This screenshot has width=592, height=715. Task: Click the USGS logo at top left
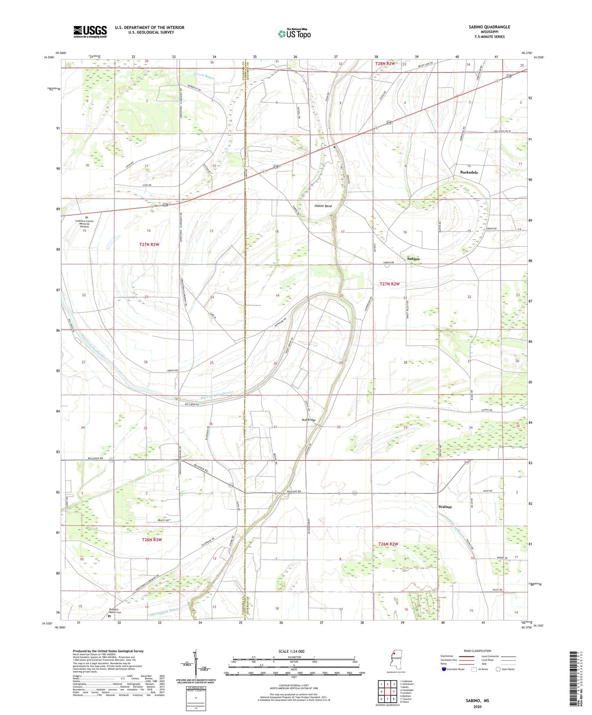[90, 32]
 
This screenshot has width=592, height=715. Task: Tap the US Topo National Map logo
[294, 33]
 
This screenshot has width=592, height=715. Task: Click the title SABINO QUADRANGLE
[489, 27]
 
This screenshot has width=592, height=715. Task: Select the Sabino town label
[413, 259]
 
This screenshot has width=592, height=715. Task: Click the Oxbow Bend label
[323, 206]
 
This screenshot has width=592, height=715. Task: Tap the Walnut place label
[445, 507]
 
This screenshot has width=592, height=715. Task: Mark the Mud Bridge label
[309, 420]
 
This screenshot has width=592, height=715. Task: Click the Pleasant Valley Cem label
[109, 610]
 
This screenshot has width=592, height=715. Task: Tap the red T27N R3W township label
[149, 244]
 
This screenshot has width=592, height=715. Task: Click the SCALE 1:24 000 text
[291, 651]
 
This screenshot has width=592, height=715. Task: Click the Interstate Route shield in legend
[444, 669]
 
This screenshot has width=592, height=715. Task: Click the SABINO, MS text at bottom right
[477, 701]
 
